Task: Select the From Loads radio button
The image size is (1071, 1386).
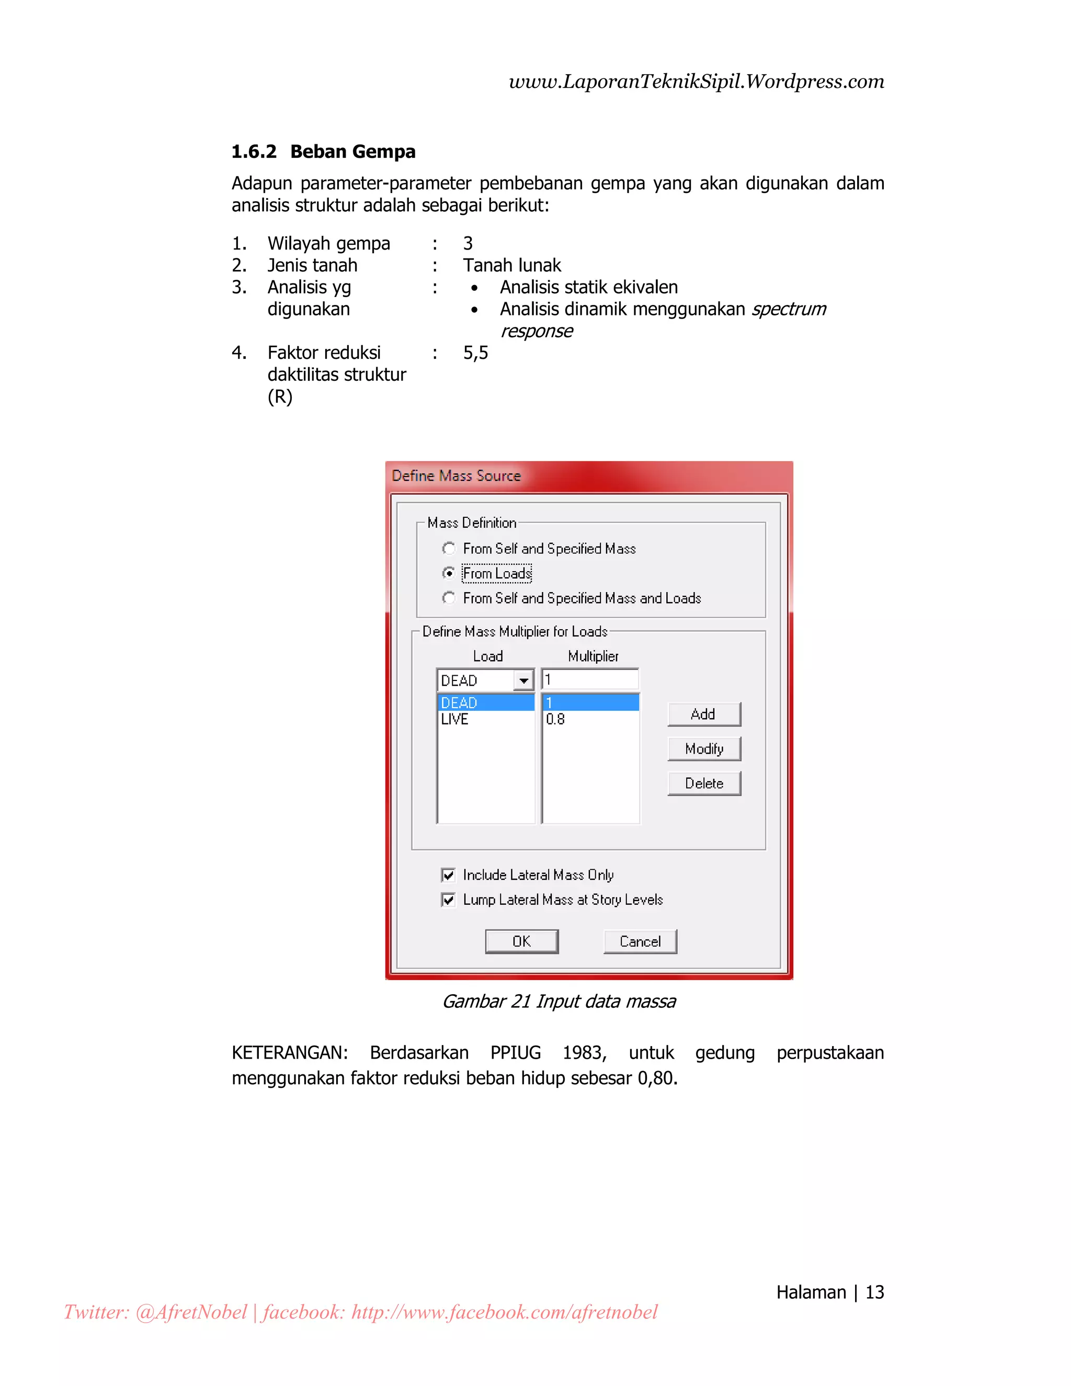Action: (449, 573)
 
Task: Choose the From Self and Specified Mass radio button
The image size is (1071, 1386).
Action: (449, 548)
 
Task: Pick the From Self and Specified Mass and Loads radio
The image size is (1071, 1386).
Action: (449, 598)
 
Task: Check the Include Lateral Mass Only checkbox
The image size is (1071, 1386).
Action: (448, 875)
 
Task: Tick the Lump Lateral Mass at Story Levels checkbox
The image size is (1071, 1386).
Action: (448, 900)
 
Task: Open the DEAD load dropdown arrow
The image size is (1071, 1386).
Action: (523, 680)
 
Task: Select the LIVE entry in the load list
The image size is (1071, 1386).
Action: (455, 719)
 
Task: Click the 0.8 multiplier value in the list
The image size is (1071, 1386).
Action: (555, 719)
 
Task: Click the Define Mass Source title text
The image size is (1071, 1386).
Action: (455, 476)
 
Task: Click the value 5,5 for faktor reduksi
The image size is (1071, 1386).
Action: (475, 353)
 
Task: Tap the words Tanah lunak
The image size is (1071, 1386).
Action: (511, 265)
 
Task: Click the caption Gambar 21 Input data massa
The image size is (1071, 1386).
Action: (559, 1002)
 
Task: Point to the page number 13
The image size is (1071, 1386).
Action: (874, 1292)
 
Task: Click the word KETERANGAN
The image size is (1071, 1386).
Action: (289, 1053)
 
